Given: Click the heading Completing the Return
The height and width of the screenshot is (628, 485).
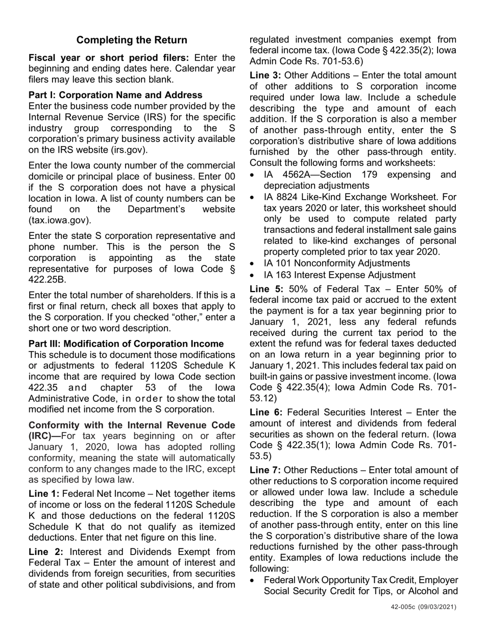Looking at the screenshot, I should coord(132,40).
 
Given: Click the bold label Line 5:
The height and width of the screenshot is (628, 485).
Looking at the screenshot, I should coord(265,289).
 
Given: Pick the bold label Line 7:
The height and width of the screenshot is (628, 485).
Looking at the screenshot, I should coord(265,470).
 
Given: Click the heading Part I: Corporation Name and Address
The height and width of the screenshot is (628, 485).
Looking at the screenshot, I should coord(115,95).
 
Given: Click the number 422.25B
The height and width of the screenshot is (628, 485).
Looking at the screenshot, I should coord(46,280).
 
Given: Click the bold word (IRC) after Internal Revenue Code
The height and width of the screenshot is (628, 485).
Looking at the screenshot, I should coord(43,436).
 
